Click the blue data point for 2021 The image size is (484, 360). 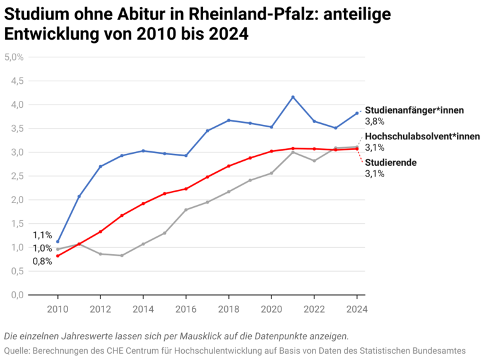[x=293, y=97]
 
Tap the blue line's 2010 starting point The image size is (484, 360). [x=58, y=241]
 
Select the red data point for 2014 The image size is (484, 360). [x=143, y=204]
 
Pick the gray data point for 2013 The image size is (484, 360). [x=122, y=255]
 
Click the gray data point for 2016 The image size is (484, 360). [x=186, y=209]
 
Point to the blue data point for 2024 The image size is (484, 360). [x=357, y=113]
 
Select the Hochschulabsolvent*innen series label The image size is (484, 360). [x=422, y=136]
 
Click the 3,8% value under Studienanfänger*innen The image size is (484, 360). [x=375, y=121]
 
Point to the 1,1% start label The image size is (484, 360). [x=42, y=235]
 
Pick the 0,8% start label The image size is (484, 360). [x=42, y=261]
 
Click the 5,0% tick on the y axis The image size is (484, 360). [x=14, y=57]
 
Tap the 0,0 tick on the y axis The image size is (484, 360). [x=16, y=295]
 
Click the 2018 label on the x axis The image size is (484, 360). [x=228, y=309]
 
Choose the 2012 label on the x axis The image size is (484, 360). [x=100, y=309]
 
